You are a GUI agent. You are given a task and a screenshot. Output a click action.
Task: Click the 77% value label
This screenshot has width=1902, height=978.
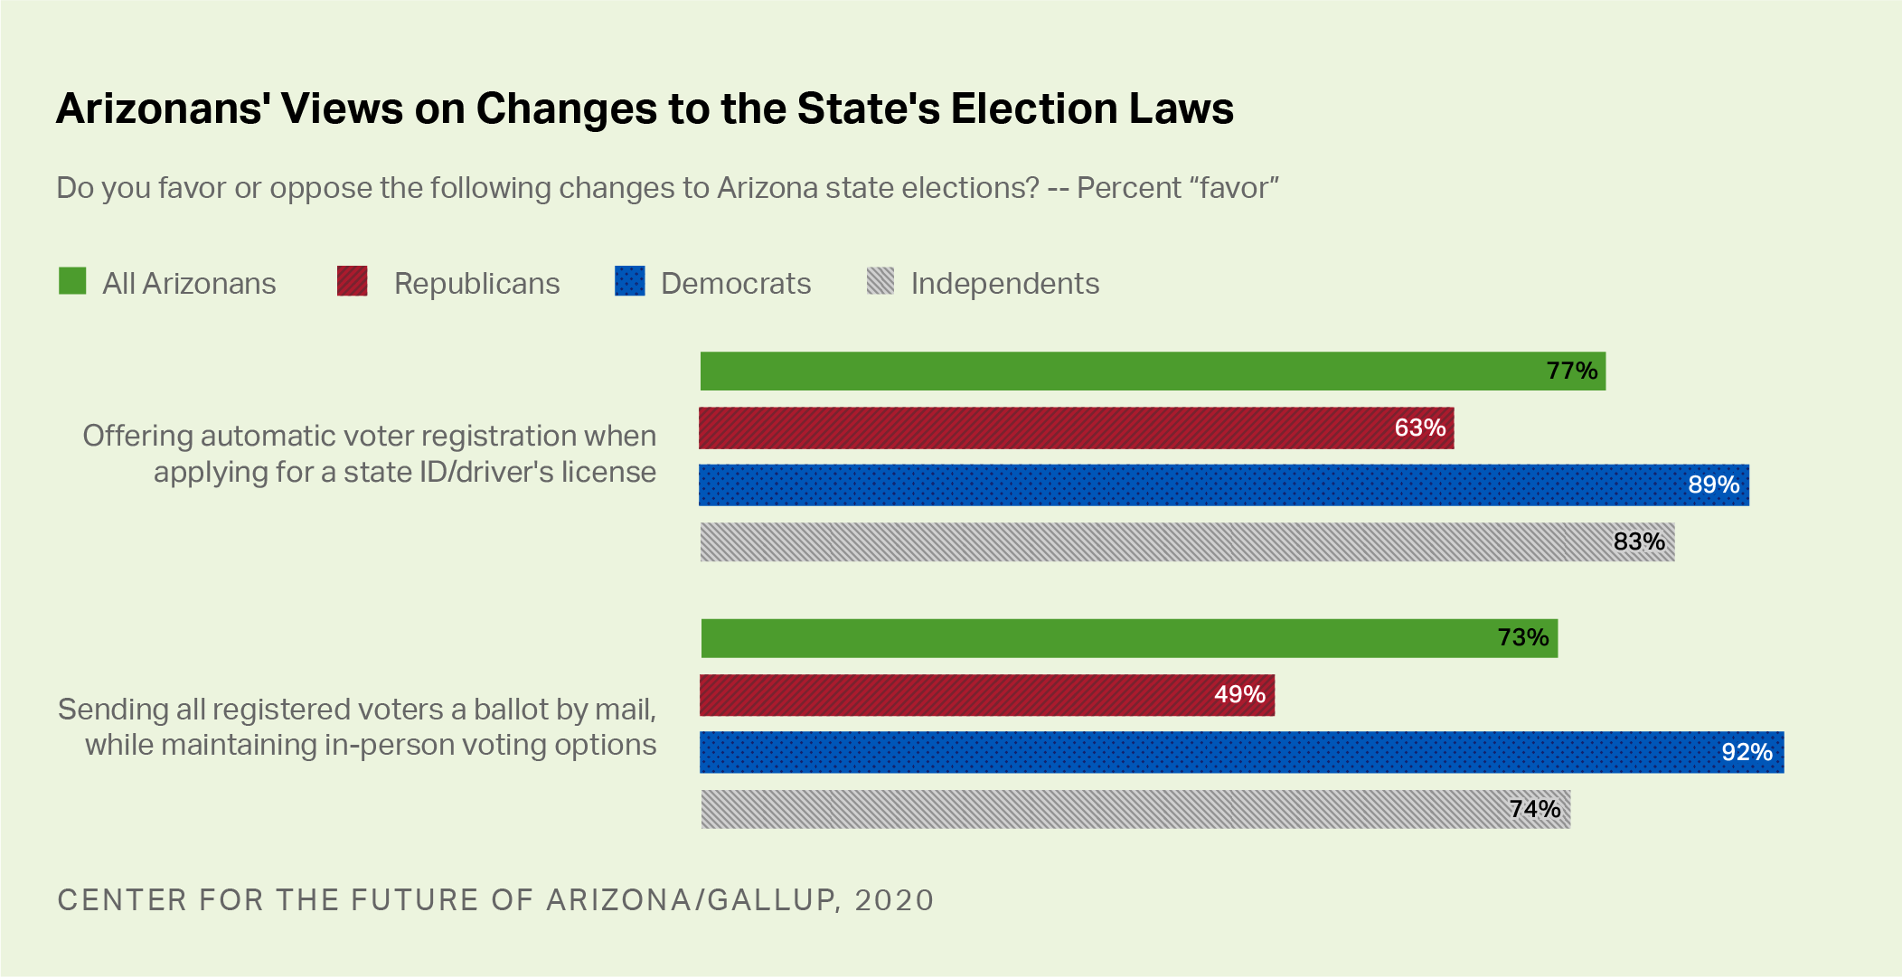coord(1571,371)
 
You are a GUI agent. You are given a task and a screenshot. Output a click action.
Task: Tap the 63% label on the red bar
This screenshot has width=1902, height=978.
coord(1419,428)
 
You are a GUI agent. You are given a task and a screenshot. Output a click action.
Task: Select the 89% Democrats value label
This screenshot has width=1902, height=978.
coord(1713,484)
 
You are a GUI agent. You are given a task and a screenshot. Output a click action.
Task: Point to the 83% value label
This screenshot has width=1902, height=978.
coord(1638,541)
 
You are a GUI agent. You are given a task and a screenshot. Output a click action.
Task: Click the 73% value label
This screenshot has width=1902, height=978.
coord(1522,637)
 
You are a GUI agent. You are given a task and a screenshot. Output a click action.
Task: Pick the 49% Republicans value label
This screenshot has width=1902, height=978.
coord(1238,694)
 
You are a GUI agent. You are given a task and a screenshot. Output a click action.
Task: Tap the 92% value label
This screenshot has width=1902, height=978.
coord(1746,752)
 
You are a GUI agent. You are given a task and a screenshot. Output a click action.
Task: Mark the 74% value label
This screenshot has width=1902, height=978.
coord(1534,809)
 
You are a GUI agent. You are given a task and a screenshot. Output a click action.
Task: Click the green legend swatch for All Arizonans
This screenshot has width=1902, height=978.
coord(72,281)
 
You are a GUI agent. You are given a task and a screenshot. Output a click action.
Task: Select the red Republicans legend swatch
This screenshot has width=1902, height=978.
coord(352,281)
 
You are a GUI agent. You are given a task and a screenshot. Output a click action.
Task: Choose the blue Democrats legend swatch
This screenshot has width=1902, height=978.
coord(629,281)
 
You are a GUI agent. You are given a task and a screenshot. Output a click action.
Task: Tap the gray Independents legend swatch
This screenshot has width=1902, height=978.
coord(880,281)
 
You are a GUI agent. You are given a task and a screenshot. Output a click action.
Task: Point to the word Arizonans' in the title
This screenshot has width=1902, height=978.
coord(164,108)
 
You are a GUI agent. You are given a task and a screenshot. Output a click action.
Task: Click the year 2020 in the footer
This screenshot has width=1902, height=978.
coord(893,900)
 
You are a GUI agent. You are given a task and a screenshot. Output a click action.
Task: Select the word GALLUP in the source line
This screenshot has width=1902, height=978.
coord(770,900)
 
